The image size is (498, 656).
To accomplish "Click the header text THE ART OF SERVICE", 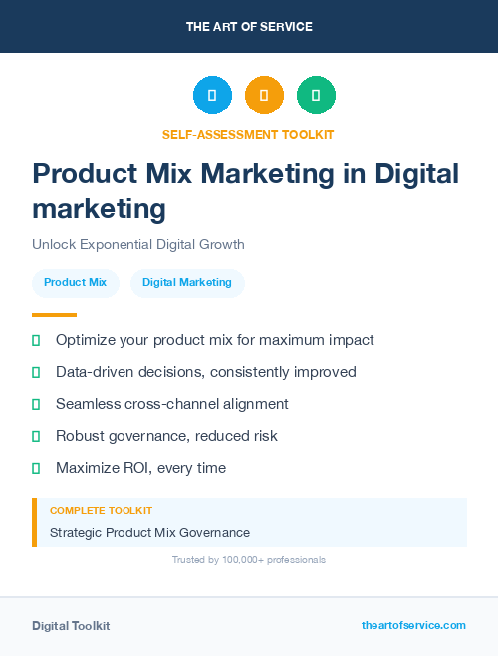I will pyautogui.click(x=249, y=27).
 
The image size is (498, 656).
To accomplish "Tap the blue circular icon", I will pyautogui.click(x=212, y=95).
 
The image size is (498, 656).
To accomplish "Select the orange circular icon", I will pyautogui.click(x=264, y=95).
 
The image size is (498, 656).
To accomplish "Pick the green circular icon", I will pyautogui.click(x=316, y=95).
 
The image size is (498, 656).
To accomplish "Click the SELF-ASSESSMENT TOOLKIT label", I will pyautogui.click(x=248, y=134).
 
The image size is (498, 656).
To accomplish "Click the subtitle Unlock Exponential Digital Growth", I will pyautogui.click(x=137, y=244).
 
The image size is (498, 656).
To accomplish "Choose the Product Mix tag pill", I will pyautogui.click(x=75, y=283).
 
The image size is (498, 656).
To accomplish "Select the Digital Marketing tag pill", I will pyautogui.click(x=187, y=283).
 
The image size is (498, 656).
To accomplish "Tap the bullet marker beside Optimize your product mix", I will pyautogui.click(x=36, y=340).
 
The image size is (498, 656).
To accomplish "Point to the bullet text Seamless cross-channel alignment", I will pyautogui.click(x=171, y=404).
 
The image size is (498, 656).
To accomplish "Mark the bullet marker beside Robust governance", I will pyautogui.click(x=36, y=436).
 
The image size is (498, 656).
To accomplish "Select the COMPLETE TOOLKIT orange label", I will pyautogui.click(x=101, y=510).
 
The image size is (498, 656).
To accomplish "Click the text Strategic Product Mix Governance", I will pyautogui.click(x=149, y=533).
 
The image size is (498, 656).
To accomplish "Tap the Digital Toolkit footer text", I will pyautogui.click(x=71, y=626).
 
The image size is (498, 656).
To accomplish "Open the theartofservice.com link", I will pyautogui.click(x=413, y=625).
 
